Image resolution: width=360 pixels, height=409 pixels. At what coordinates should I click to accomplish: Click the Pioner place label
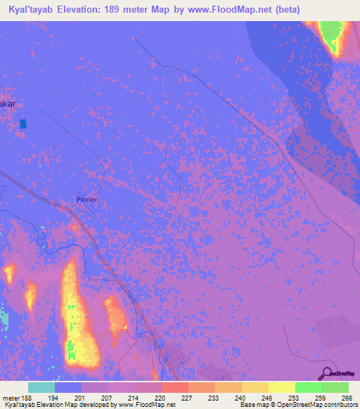(86, 200)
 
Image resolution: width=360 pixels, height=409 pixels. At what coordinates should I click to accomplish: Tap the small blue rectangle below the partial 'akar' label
(23, 124)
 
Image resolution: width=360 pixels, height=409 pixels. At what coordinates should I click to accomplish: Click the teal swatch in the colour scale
(41, 387)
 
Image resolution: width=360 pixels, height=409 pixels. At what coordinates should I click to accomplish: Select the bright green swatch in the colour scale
(308, 387)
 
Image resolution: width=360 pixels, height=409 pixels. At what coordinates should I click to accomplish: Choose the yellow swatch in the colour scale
(281, 387)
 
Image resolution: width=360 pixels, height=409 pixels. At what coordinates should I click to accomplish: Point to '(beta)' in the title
(298, 10)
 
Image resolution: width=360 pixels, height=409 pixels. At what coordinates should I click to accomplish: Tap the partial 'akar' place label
(7, 103)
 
